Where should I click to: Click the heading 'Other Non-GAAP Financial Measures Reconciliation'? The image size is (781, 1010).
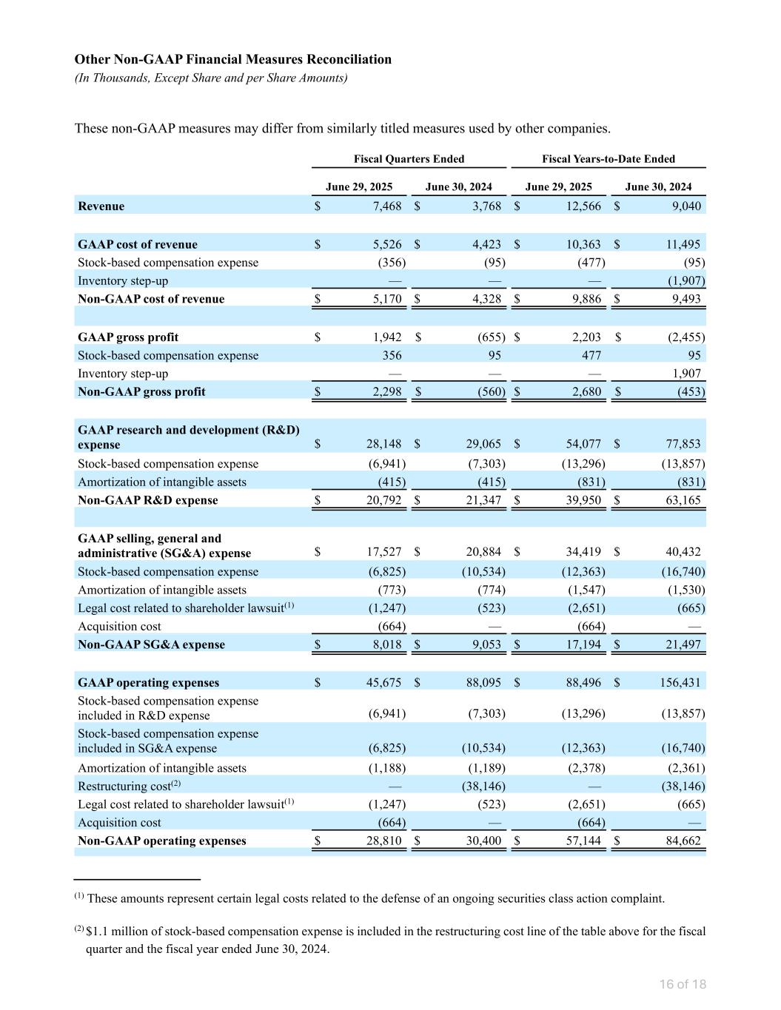233,59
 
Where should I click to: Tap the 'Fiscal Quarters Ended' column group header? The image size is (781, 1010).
409,159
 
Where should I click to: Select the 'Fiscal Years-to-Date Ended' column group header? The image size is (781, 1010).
609,159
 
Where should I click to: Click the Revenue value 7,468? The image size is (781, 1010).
386,206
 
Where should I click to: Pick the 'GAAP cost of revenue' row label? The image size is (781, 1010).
138,244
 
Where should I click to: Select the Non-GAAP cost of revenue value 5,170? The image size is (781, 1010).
386,299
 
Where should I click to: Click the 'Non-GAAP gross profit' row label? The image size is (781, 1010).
141,391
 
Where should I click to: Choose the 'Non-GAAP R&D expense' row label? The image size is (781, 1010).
148,500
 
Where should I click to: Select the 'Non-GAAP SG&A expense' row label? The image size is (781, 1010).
151,644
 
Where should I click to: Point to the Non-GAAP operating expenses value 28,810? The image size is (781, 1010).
383,841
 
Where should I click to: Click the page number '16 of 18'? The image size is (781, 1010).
683,984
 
